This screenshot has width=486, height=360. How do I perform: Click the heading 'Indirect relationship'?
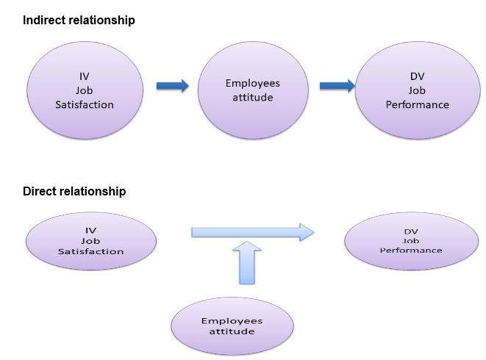coord(79,21)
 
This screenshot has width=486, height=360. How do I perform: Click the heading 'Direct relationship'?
coord(74,192)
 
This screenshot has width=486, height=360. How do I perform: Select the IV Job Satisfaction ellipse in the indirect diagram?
coord(85,90)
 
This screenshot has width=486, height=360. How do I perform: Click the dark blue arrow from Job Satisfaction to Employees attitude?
coord(172,86)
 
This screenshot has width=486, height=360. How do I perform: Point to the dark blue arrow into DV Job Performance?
coord(337,86)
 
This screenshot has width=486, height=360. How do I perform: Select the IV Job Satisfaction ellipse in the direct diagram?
coord(90,241)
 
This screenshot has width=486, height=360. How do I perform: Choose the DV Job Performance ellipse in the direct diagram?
coord(411,240)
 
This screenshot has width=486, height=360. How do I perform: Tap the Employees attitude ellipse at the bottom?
coord(232,326)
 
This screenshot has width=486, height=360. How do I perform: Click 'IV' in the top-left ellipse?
coord(85,76)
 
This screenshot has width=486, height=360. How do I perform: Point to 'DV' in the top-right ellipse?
coord(417,76)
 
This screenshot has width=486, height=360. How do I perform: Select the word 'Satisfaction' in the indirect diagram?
coord(85,105)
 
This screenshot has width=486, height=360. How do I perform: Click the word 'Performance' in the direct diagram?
coord(411,251)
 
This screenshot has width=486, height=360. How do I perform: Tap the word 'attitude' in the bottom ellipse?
coord(232,331)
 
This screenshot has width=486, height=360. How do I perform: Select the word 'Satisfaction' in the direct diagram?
coord(90,251)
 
